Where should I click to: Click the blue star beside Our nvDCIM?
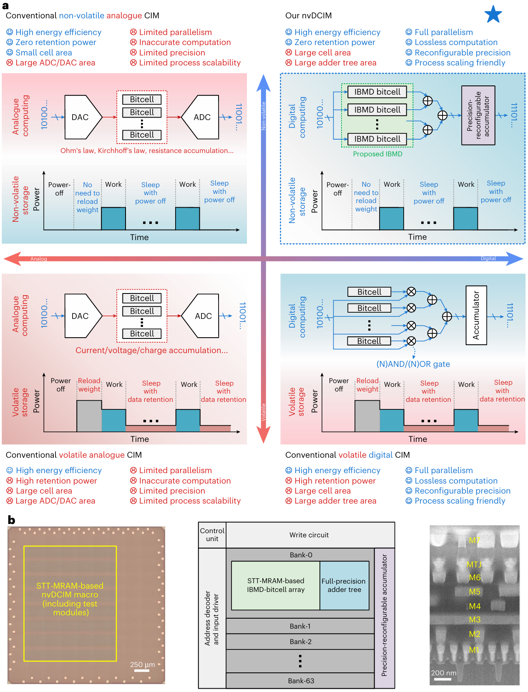(x=493, y=14)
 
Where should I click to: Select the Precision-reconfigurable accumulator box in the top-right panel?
(x=478, y=115)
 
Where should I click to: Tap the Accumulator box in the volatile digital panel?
(x=476, y=315)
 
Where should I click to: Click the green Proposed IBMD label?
(x=377, y=154)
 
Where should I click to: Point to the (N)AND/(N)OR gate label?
(x=413, y=364)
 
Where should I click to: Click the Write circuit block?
(x=309, y=535)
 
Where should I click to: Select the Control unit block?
(x=212, y=535)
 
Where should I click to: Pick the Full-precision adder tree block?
(x=344, y=585)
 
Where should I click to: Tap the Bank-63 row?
(x=301, y=681)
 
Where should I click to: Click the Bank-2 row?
(x=300, y=642)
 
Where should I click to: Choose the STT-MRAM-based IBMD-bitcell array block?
(x=275, y=585)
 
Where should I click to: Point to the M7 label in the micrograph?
(x=474, y=541)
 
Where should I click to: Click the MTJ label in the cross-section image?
(x=474, y=564)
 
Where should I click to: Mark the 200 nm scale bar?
(x=442, y=679)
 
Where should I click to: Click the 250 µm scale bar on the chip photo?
(x=142, y=671)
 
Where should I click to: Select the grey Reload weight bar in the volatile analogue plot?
(x=89, y=416)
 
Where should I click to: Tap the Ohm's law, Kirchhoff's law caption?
(x=147, y=150)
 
